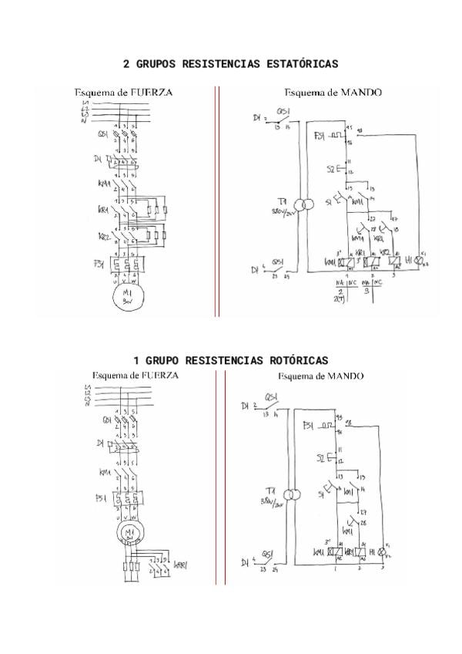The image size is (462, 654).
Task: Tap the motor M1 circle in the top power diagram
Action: click(126, 298)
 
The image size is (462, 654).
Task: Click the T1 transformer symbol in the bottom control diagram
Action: click(291, 494)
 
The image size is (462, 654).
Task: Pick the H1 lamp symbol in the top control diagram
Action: click(419, 261)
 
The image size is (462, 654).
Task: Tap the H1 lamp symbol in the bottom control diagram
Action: click(380, 552)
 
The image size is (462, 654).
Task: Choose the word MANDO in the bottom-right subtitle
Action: click(343, 376)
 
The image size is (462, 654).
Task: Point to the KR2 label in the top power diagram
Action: click(102, 236)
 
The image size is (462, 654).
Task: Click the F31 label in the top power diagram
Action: click(99, 264)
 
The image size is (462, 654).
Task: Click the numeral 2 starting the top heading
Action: click(126, 64)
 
